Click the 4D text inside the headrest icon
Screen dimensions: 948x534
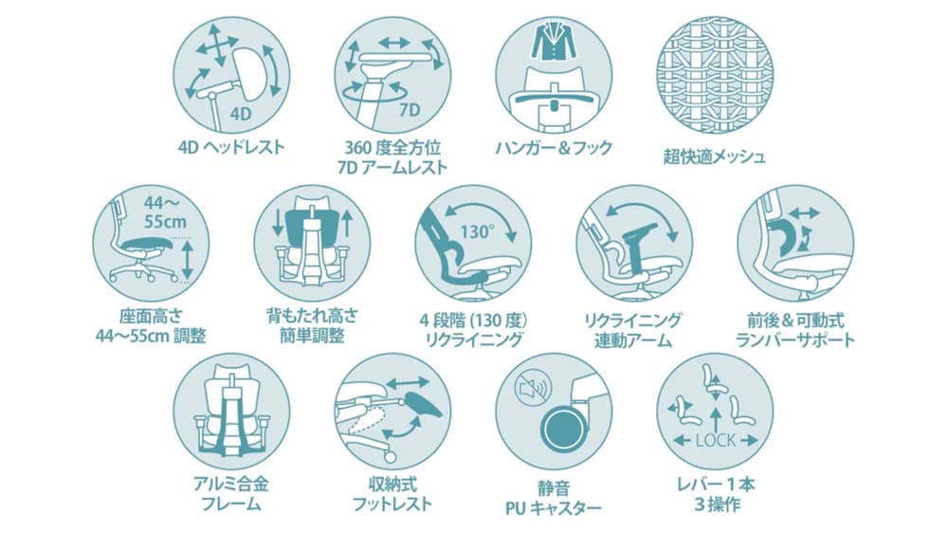(241, 114)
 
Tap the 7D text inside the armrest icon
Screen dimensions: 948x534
(409, 109)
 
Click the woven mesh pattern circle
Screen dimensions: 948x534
(715, 75)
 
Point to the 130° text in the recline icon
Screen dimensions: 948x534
(478, 231)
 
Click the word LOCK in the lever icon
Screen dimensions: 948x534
(715, 440)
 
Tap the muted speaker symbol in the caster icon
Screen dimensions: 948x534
(533, 387)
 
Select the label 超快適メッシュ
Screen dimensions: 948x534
(715, 157)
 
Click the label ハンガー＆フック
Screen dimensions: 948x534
(554, 148)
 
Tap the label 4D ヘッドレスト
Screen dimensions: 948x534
(231, 147)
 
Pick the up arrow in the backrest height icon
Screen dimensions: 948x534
(347, 223)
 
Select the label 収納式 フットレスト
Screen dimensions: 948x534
(392, 494)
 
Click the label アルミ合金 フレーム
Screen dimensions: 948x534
(231, 494)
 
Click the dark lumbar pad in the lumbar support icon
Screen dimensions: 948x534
(784, 237)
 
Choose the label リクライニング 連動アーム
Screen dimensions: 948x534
(633, 330)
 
